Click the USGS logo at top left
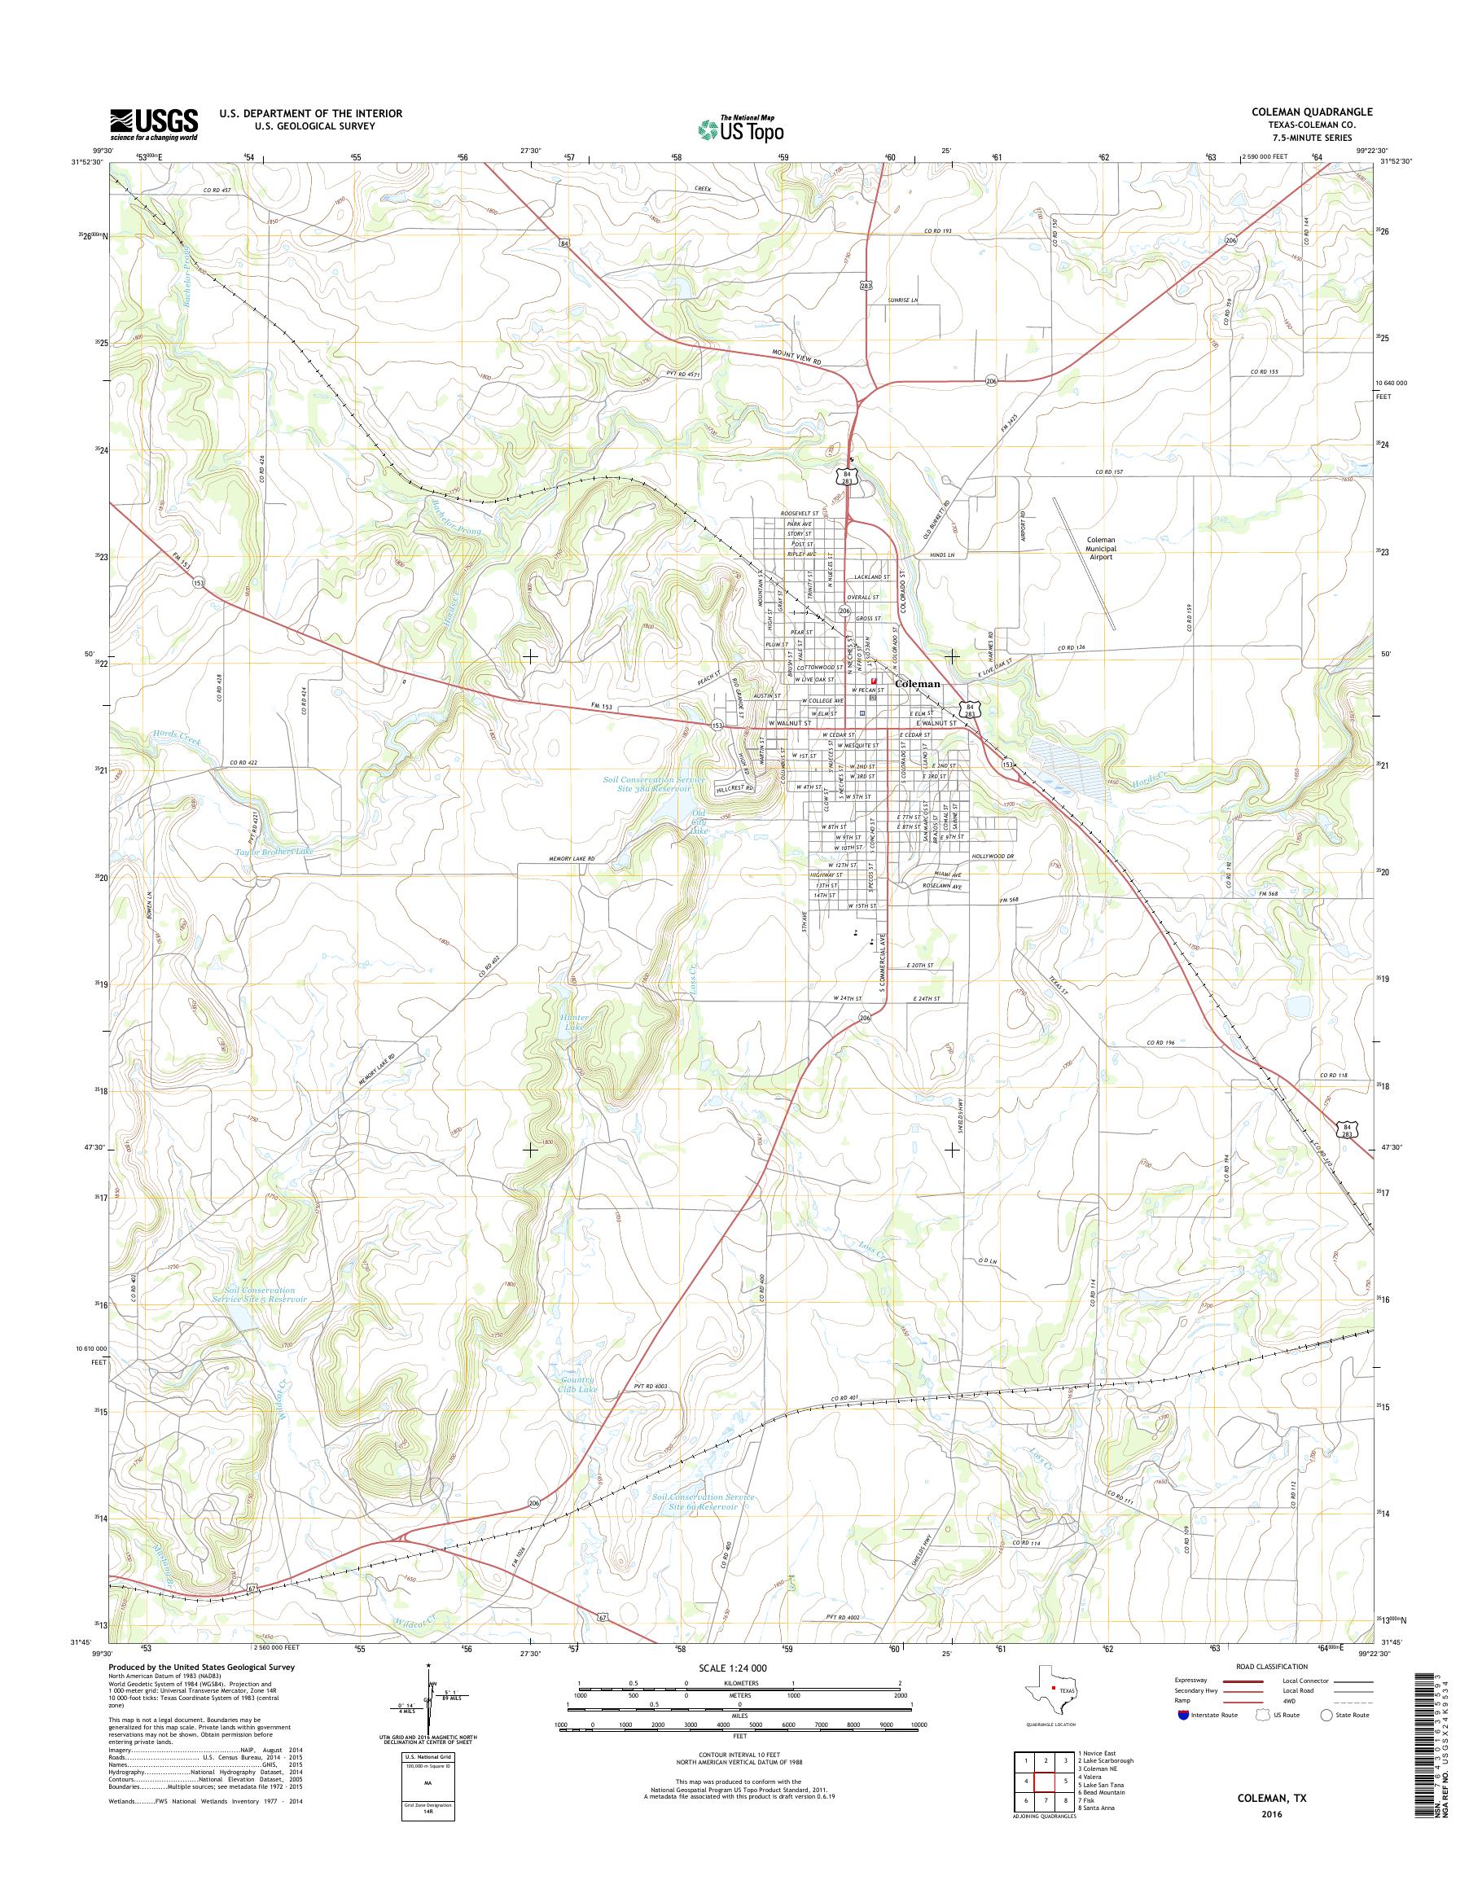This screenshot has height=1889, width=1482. pyautogui.click(x=154, y=125)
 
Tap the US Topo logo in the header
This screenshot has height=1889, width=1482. pyautogui.click(x=741, y=129)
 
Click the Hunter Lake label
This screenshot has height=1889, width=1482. pyautogui.click(x=575, y=1022)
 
